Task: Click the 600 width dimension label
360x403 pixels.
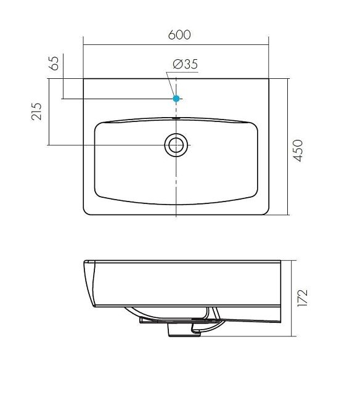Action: tap(179, 35)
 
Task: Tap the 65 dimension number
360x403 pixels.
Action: tap(54, 63)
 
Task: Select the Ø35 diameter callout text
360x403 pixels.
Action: tap(185, 64)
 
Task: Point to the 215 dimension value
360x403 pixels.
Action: tap(36, 112)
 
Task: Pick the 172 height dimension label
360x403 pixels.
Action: tap(302, 298)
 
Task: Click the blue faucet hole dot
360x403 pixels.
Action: tap(176, 99)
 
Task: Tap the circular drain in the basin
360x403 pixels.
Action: tap(176, 145)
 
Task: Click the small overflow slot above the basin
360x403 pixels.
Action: tap(176, 118)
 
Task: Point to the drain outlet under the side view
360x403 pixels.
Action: tap(184, 330)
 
